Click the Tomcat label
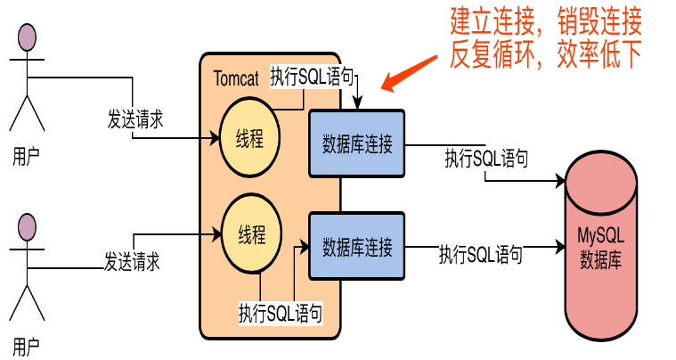click(236, 78)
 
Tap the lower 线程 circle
click(252, 235)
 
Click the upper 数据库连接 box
click(357, 142)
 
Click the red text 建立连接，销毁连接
click(546, 20)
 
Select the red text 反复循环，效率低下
click(546, 55)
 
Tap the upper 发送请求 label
click(135, 119)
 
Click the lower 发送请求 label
click(133, 261)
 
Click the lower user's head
click(28, 229)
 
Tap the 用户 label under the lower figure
click(27, 345)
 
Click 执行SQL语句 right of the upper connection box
click(486, 160)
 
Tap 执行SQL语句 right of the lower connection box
click(480, 253)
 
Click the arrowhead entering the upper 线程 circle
click(215, 139)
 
